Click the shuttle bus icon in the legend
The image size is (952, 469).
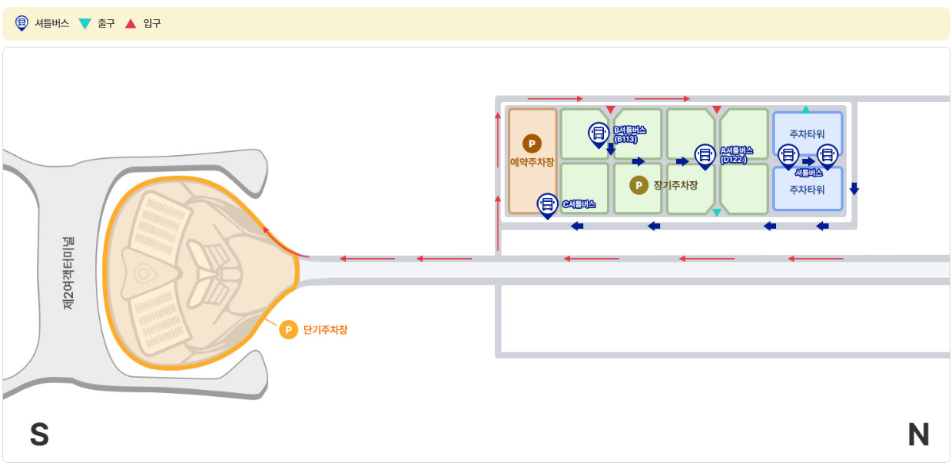click(22, 24)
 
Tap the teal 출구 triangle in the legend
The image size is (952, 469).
click(85, 24)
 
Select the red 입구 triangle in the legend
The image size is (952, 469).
click(131, 24)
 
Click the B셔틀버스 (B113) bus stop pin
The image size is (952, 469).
click(598, 134)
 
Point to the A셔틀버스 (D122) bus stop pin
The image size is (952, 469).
click(705, 156)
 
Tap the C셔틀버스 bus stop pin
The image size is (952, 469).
click(547, 204)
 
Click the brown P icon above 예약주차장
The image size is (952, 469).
click(532, 144)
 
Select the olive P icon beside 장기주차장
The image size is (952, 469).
click(639, 185)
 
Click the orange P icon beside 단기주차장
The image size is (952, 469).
click(288, 330)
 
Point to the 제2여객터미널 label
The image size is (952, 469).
click(68, 273)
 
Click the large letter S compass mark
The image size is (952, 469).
click(39, 435)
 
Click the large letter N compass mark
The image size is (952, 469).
click(918, 435)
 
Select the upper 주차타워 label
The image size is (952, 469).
click(807, 134)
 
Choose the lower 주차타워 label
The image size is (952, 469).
click(807, 190)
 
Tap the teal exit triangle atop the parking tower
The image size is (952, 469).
click(806, 110)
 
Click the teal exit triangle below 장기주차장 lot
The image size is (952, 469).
click(717, 212)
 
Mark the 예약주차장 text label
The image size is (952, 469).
click(532, 162)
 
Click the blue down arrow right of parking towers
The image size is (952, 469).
click(854, 189)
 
